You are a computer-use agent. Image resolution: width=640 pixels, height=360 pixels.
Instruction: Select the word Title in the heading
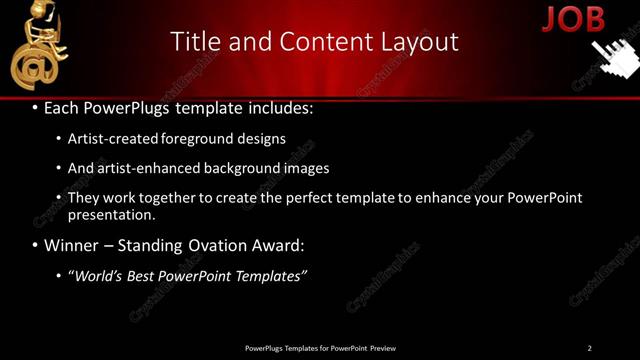[193, 42]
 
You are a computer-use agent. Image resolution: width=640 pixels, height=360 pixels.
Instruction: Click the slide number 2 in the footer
[589, 348]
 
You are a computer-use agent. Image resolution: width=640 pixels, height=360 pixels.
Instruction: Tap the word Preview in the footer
[382, 348]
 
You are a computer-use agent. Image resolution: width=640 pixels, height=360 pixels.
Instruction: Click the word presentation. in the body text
[112, 215]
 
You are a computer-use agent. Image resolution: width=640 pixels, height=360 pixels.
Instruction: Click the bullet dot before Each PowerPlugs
[35, 108]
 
